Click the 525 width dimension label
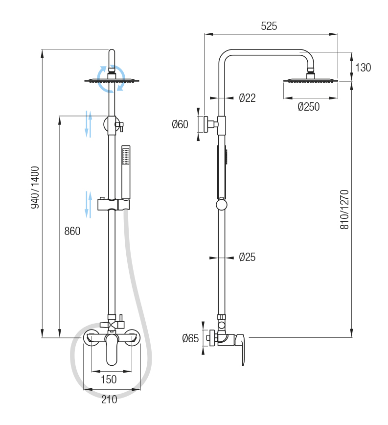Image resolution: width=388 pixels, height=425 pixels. tap(269, 26)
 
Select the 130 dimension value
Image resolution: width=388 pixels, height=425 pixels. tap(363, 68)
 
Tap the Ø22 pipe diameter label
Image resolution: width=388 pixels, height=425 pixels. tap(247, 98)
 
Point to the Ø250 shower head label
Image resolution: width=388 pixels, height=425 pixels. tap(308, 107)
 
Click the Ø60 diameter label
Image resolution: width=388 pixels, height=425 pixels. tap(180, 124)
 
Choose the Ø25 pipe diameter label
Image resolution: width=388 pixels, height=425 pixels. tap(247, 257)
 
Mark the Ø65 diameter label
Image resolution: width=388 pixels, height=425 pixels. tap(190, 338)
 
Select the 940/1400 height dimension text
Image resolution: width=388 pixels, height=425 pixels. tap(35, 188)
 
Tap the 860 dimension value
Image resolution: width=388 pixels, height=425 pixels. tap(72, 231)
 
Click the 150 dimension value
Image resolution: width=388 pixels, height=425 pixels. tap(109, 379)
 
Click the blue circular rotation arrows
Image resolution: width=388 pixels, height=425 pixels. tap(111, 78)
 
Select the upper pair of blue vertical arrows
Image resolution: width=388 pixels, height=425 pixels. tap(89, 123)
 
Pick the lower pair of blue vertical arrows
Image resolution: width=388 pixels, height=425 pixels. tap(89, 204)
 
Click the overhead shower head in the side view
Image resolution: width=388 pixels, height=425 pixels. tap(310, 80)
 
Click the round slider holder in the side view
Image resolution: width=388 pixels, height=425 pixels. tap(222, 204)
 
